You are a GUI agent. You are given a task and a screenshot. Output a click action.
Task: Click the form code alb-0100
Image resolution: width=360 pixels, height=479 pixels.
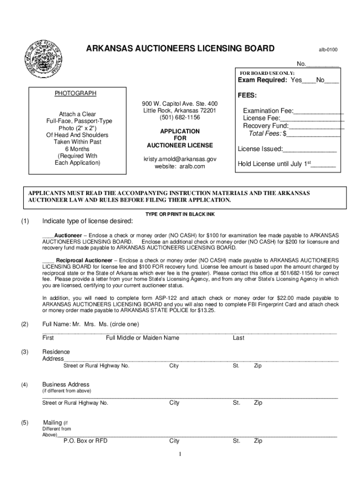328,50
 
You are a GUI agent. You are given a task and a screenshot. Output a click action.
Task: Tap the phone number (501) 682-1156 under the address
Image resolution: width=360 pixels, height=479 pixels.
180,117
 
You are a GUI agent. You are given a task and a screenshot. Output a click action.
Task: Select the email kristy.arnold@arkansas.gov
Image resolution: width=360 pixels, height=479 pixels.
180,159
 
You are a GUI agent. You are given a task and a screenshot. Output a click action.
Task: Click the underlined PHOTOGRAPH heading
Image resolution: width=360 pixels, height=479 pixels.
75,94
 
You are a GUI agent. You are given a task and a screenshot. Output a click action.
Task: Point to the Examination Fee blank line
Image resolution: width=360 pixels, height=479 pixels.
319,111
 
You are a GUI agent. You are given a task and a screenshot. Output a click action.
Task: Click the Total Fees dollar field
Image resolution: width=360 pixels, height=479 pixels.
314,134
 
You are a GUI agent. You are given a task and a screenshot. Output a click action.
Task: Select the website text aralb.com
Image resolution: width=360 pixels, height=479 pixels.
193,167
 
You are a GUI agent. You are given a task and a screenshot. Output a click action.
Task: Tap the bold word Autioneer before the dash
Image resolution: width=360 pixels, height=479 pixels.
68,235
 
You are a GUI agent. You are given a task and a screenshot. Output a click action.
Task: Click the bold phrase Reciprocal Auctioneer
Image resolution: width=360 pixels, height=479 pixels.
84,260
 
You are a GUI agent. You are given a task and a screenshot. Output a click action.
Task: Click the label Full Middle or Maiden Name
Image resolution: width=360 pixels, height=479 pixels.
143,338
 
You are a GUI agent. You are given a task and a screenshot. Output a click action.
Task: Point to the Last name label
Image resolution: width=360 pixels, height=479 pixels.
238,338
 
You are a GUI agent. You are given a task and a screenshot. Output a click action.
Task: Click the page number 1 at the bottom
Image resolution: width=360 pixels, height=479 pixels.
180,454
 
